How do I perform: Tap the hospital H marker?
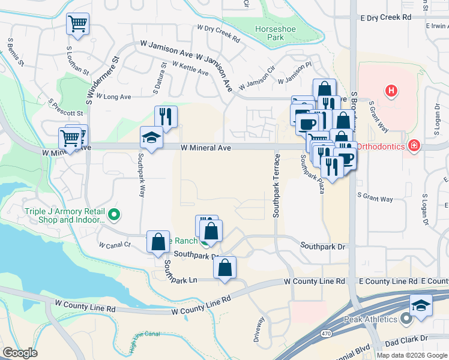[391, 91]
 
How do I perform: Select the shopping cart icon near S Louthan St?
[77, 24]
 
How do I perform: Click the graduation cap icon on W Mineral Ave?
[151, 138]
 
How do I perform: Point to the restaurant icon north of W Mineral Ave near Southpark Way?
[166, 116]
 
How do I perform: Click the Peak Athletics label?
[370, 319]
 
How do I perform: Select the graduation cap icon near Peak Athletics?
[421, 305]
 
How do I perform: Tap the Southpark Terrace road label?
[277, 185]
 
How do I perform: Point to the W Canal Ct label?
[115, 245]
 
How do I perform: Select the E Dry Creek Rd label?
[386, 17]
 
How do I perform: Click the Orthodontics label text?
[380, 146]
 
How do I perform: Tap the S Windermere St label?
[101, 80]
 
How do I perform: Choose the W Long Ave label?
[117, 96]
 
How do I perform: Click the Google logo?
[20, 353]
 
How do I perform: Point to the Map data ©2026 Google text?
[411, 355]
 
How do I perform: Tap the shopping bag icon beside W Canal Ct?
[158, 242]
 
